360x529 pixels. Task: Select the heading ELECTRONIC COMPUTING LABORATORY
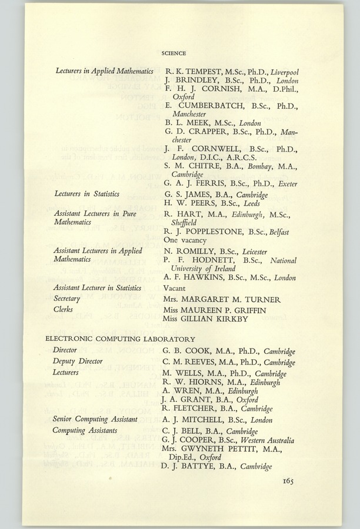tap(120, 339)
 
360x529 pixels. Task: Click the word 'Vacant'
tap(175, 288)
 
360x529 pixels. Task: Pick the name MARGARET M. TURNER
tap(234, 299)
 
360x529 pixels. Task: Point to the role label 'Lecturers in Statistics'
tap(86, 193)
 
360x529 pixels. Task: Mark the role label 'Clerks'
tap(63, 309)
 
